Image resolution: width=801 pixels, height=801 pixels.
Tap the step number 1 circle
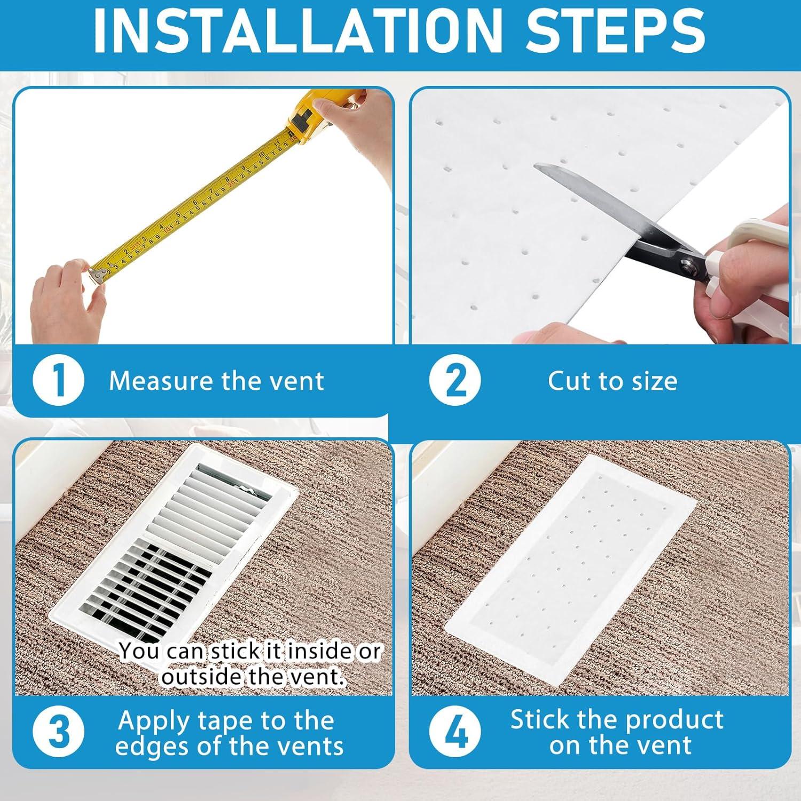point(58,381)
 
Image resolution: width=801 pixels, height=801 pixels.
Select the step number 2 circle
point(455,381)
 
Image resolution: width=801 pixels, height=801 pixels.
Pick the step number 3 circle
point(58,732)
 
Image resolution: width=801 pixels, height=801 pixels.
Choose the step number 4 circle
point(455,732)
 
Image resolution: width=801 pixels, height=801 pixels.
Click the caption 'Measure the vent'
point(216,381)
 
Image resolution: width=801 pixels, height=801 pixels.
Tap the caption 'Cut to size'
point(612,381)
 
